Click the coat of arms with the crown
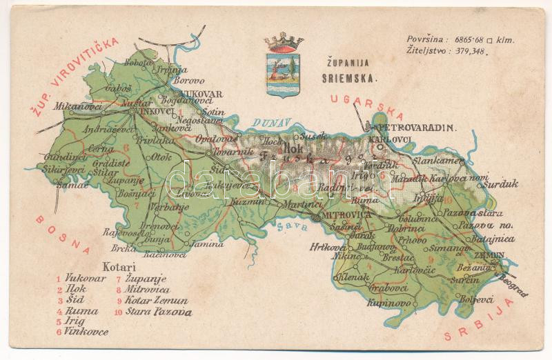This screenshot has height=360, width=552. [x=284, y=69]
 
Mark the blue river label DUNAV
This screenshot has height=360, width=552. [x=266, y=122]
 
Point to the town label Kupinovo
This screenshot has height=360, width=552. [x=389, y=303]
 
